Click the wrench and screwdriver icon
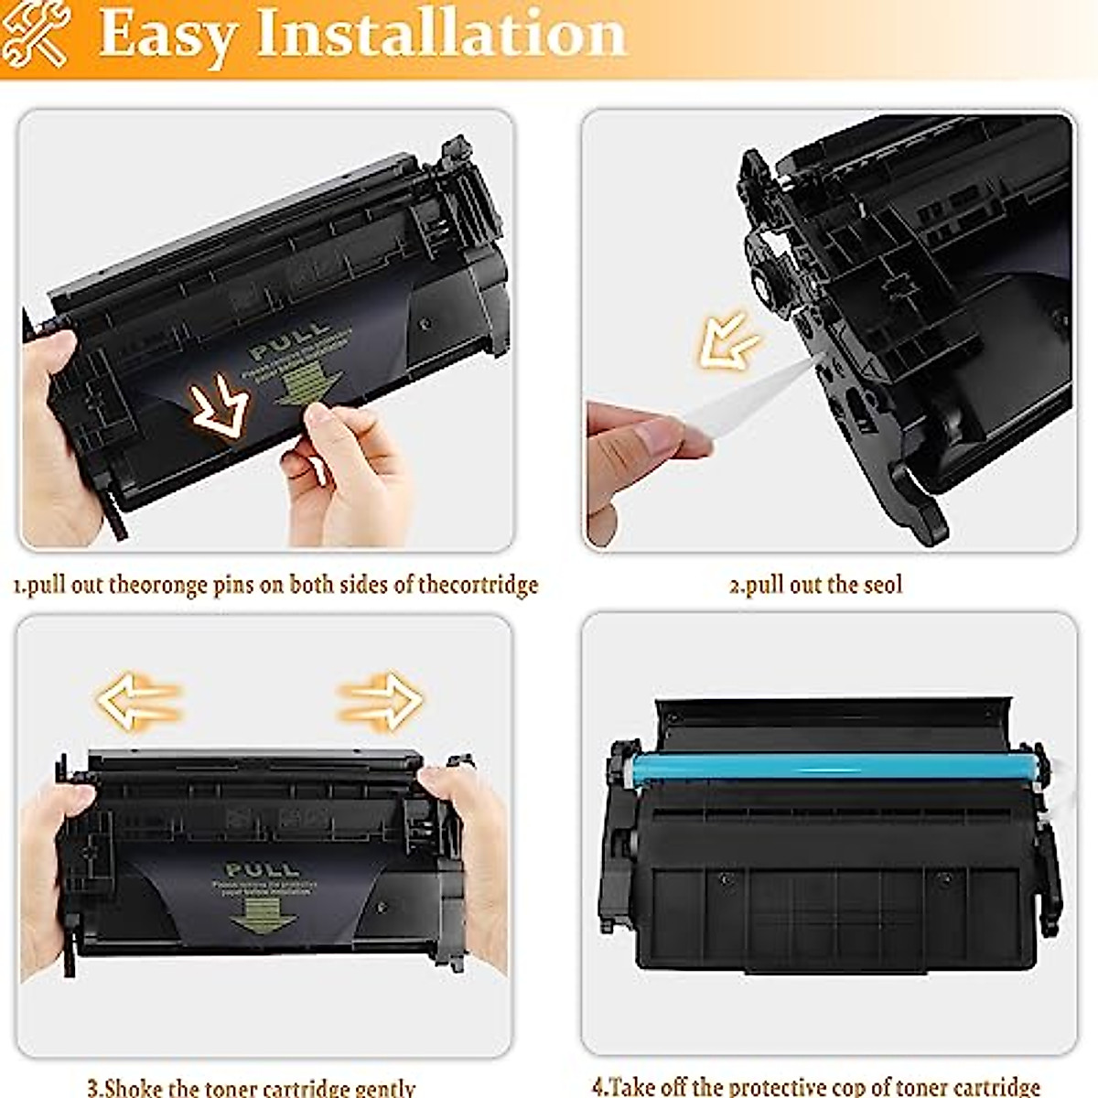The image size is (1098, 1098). pos(34,34)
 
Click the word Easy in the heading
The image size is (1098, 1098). pos(165,35)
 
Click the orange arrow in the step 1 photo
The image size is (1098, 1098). pos(220,408)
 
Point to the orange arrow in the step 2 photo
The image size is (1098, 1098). pos(728,340)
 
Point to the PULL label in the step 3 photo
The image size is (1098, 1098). pos(262,868)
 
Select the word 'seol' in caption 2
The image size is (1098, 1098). pos(882,585)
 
